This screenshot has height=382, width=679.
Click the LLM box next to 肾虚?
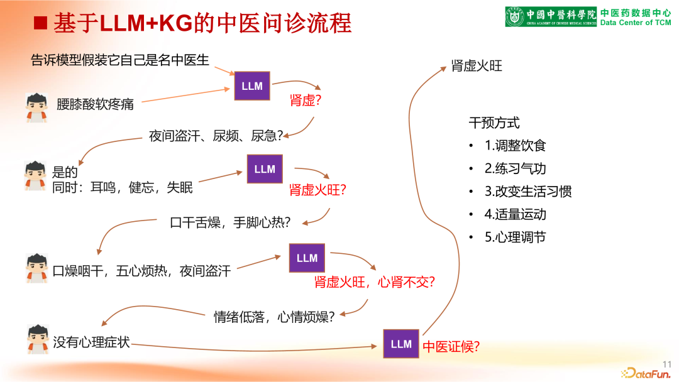(252, 86)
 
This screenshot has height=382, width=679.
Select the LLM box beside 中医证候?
(401, 344)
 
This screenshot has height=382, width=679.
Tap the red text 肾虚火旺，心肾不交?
(375, 282)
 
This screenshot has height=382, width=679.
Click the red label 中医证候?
(451, 346)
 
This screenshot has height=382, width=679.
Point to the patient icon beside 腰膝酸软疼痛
(37, 107)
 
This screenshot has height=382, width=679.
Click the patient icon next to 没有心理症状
(38, 339)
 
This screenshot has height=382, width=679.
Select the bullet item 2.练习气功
(515, 168)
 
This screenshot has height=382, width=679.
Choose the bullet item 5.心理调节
(515, 237)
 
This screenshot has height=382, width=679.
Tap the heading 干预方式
(494, 123)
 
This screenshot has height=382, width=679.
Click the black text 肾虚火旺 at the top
(477, 66)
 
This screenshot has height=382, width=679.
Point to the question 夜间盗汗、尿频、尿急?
(216, 135)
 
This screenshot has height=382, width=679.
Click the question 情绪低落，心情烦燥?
(274, 317)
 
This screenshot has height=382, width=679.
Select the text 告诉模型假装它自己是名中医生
(120, 60)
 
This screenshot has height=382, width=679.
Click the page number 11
(667, 363)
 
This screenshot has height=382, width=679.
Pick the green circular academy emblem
(516, 16)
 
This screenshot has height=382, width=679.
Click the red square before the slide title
(41, 23)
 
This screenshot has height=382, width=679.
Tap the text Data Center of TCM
(636, 23)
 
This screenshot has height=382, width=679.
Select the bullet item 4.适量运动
(515, 214)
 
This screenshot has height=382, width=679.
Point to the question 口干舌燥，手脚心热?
(230, 222)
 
